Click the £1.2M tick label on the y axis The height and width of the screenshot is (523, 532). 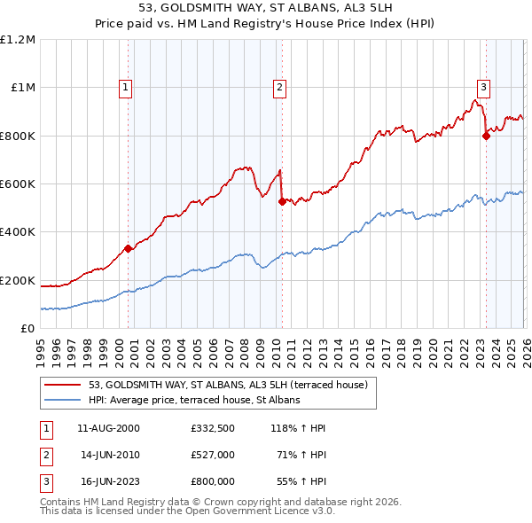pyautogui.click(x=18, y=39)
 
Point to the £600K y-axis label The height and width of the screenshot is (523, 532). pyautogui.click(x=18, y=183)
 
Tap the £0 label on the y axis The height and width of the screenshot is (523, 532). pyautogui.click(x=27, y=328)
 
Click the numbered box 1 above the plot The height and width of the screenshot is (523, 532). pyautogui.click(x=126, y=87)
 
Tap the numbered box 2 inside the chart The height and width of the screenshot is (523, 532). pyautogui.click(x=279, y=87)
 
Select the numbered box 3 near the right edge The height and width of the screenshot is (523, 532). pyautogui.click(x=483, y=87)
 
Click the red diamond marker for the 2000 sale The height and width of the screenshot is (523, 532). pyautogui.click(x=128, y=248)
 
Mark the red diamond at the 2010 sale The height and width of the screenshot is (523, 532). pyautogui.click(x=282, y=201)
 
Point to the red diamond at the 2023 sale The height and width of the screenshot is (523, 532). pyautogui.click(x=486, y=136)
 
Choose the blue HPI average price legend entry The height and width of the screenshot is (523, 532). pyautogui.click(x=194, y=400)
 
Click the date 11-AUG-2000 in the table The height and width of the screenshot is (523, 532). pyautogui.click(x=110, y=428)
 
